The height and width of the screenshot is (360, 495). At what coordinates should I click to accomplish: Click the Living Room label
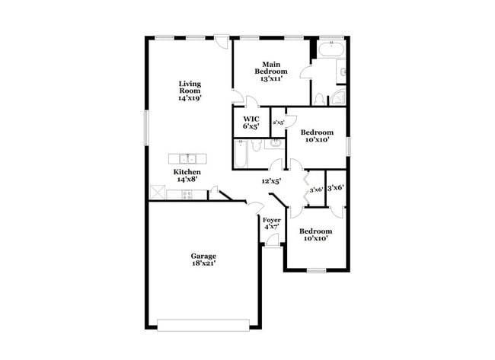click(190, 91)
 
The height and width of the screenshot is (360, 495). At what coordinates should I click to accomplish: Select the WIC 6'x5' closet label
click(251, 122)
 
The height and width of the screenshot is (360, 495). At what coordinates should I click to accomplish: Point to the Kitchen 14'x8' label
click(189, 176)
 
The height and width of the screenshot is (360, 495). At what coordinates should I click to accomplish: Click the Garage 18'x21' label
click(203, 260)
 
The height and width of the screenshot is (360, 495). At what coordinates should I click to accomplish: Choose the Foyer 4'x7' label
click(272, 224)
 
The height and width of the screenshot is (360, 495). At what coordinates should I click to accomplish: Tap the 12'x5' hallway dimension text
click(272, 181)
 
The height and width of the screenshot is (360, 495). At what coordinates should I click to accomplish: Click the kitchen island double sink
click(188, 158)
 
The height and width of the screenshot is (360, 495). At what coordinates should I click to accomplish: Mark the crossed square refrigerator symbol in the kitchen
click(158, 193)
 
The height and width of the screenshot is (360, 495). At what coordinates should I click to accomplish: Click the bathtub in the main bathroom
click(331, 50)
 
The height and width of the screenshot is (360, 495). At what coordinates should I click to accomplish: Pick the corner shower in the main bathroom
click(337, 97)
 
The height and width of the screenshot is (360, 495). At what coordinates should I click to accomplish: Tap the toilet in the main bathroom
click(320, 98)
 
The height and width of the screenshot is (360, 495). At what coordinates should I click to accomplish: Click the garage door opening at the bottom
click(203, 325)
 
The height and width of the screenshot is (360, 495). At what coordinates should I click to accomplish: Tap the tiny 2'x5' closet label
click(279, 122)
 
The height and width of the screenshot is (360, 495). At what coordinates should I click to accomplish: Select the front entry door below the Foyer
click(272, 244)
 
